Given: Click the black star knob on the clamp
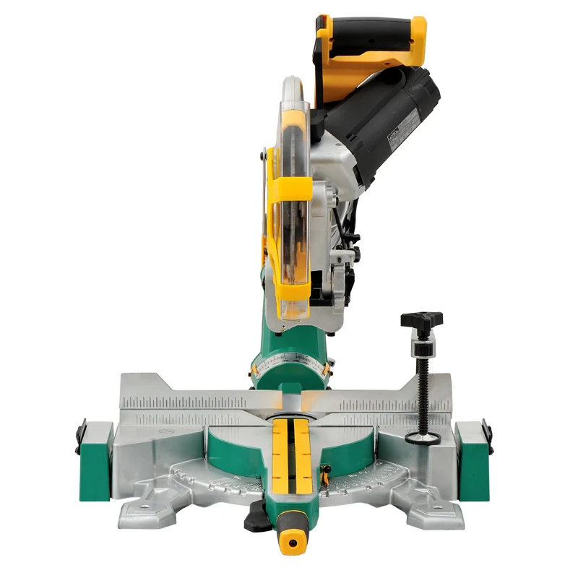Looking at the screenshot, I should [x=422, y=319].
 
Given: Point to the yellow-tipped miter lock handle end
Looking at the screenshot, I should [x=293, y=539].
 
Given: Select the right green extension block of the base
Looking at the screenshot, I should [x=473, y=451].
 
